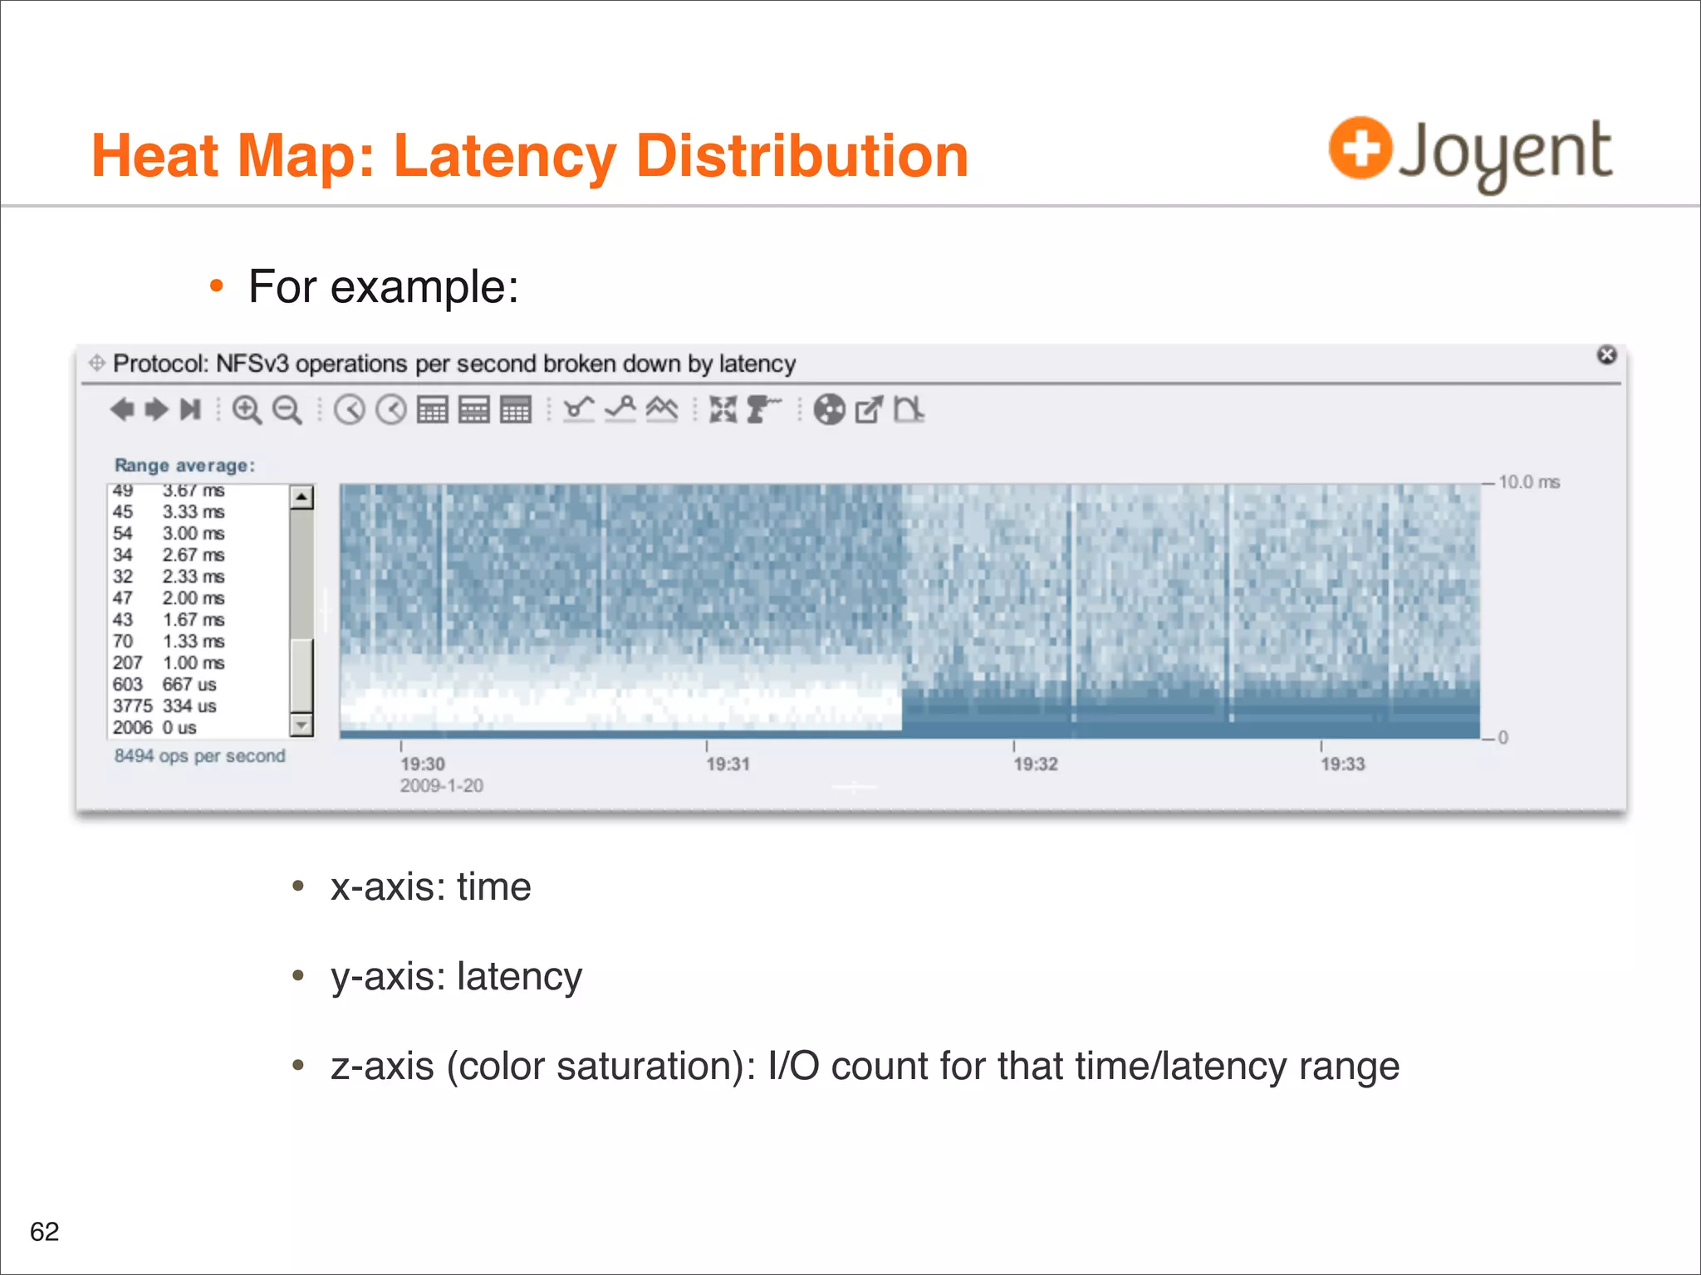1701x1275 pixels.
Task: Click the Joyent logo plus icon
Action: coord(1360,149)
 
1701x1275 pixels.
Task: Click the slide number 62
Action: coord(45,1231)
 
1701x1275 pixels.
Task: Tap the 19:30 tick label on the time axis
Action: coord(423,764)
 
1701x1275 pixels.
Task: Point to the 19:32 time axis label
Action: coord(1036,764)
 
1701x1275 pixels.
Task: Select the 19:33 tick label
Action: coord(1342,764)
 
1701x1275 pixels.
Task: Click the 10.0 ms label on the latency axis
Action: coord(1529,482)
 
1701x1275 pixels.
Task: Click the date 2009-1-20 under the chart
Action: coord(441,785)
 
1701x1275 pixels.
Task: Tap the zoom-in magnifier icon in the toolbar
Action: coord(247,410)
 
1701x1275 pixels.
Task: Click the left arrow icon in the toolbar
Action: coord(122,409)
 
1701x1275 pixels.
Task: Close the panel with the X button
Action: coord(1607,355)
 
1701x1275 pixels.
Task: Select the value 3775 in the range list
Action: coord(133,706)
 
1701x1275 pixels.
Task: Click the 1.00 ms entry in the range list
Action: coord(194,662)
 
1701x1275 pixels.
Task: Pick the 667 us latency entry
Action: coord(189,684)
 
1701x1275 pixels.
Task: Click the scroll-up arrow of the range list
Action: coord(301,497)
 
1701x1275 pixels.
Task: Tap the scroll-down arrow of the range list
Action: coord(301,725)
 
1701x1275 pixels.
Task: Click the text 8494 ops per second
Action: coord(199,755)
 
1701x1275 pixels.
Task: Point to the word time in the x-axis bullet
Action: coord(493,887)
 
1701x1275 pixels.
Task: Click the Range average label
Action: coord(184,466)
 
